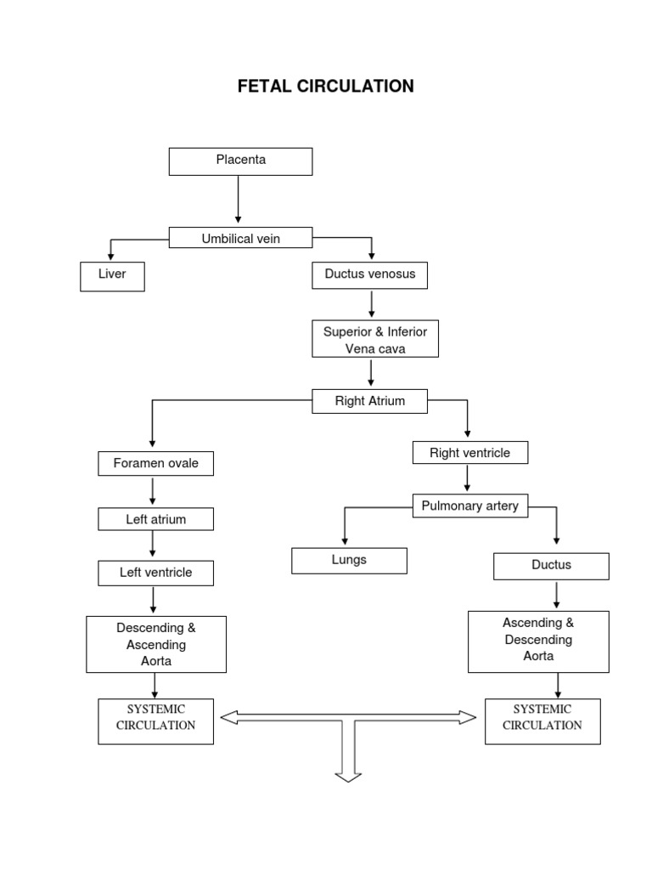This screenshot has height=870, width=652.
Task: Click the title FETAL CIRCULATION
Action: click(325, 86)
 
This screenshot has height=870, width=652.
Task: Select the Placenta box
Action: click(240, 161)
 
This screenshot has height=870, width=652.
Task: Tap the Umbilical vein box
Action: click(240, 238)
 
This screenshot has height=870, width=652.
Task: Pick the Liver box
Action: click(112, 276)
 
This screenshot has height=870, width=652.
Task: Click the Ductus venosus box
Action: click(370, 275)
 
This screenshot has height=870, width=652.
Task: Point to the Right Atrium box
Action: click(370, 400)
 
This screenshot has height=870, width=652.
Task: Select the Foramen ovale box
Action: click(155, 463)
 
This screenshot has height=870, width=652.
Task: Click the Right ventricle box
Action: click(469, 453)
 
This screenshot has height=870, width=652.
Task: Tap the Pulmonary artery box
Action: click(469, 506)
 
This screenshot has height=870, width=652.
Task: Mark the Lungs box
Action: click(349, 561)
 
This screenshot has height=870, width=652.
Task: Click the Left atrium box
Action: click(155, 518)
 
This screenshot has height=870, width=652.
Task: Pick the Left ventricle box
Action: click(155, 573)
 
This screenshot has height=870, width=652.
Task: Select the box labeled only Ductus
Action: click(551, 566)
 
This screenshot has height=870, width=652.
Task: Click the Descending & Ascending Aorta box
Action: click(155, 644)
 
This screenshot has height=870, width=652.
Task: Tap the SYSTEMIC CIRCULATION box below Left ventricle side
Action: click(155, 720)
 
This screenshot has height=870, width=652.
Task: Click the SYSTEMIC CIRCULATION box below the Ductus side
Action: click(542, 720)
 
